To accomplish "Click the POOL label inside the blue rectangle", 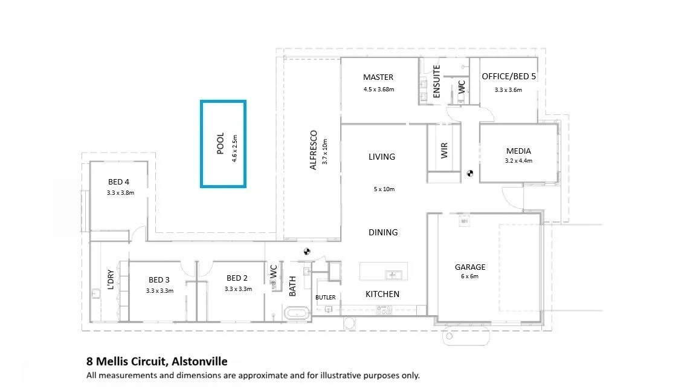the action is click(x=220, y=143).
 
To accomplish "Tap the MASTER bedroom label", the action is click(x=378, y=77).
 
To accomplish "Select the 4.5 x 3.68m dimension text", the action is click(x=379, y=90).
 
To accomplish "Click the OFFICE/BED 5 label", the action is click(x=509, y=76).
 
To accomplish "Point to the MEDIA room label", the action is click(x=518, y=151).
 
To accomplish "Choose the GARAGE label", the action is click(x=470, y=267).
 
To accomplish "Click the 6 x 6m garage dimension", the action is click(x=469, y=276).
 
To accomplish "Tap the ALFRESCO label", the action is click(x=314, y=150).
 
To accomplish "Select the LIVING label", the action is click(x=382, y=157).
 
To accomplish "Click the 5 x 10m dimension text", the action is click(x=384, y=189).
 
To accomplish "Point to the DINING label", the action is click(x=383, y=232).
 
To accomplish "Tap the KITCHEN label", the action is click(x=382, y=294).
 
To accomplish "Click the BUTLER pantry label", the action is click(x=326, y=298).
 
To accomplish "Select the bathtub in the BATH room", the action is click(x=297, y=313).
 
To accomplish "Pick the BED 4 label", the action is click(x=118, y=181).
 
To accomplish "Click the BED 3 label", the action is click(x=159, y=280).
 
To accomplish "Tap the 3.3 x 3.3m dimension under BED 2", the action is click(x=239, y=289).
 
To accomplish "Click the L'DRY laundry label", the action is click(x=111, y=279).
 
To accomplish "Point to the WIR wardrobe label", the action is click(x=444, y=150).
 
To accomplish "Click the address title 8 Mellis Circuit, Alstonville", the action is click(x=157, y=361).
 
